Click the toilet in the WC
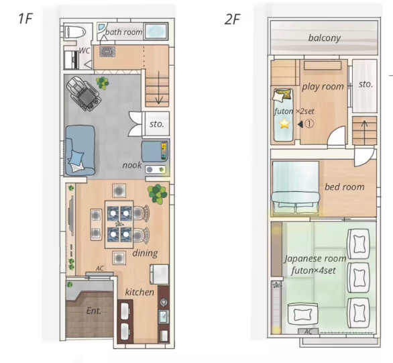tap(75, 32)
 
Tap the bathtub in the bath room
tap(156, 32)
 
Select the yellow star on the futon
tap(285, 123)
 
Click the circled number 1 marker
tap(310, 124)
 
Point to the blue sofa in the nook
tap(80, 150)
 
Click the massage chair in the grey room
tap(83, 93)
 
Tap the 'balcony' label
tap(325, 38)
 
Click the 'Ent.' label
tap(94, 311)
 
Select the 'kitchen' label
tap(139, 292)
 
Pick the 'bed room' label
tap(345, 187)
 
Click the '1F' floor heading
tap(25, 19)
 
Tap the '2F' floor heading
tap(232, 19)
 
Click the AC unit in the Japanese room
tap(308, 331)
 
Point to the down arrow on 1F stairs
tap(159, 87)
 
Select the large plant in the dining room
tap(158, 194)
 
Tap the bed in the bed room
tap(296, 189)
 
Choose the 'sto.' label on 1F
tap(157, 124)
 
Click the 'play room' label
tap(323, 87)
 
